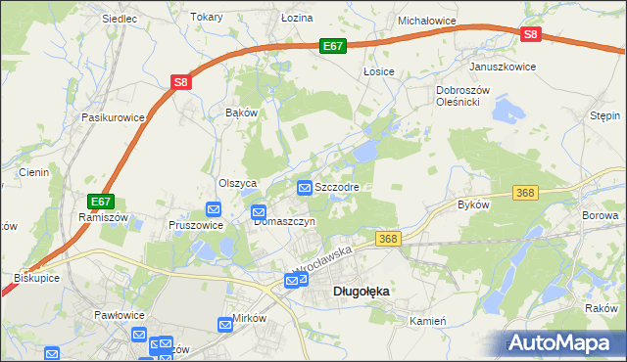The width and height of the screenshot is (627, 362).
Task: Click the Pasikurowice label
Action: (114, 117)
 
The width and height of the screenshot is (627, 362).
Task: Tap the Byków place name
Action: (473, 204)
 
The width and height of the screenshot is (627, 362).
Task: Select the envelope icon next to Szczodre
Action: (305, 186)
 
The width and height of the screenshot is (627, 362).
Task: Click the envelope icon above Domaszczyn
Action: (260, 212)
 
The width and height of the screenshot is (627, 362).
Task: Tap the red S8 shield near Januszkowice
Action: (530, 34)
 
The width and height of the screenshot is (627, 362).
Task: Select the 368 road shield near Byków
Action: (526, 193)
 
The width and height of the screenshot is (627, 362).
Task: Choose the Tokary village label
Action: (207, 18)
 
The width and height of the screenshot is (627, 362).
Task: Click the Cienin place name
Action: (33, 172)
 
